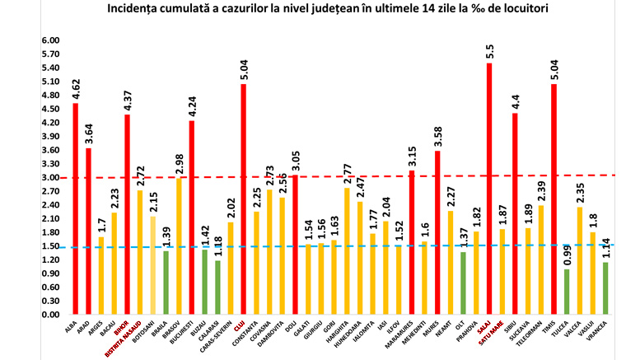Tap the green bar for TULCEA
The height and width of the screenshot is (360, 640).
tap(567, 292)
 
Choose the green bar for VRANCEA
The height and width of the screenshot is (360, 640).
tap(605, 288)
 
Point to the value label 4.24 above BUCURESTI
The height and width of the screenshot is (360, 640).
tap(192, 104)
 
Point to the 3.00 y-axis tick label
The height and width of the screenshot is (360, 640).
tap(28, 177)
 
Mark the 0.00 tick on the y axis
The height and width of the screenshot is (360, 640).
tap(28, 315)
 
